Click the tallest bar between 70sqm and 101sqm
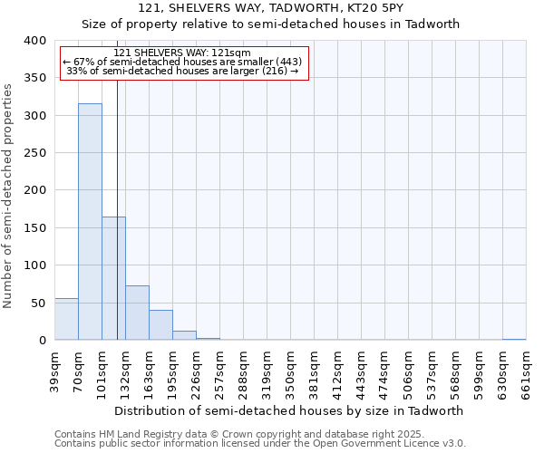point(90,222)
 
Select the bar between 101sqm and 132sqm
point(113,278)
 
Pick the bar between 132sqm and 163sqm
point(137,313)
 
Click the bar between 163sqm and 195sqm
point(160,325)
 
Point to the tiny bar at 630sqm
point(514,339)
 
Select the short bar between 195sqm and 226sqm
point(184,335)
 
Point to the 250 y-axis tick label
point(34,153)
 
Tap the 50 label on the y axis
point(38,303)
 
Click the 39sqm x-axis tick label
point(55,370)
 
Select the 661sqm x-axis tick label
point(527,370)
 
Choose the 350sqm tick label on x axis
point(291,370)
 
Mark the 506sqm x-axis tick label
point(409,370)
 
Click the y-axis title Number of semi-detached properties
point(8,195)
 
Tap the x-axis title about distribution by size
point(289,410)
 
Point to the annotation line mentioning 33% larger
point(182,71)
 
